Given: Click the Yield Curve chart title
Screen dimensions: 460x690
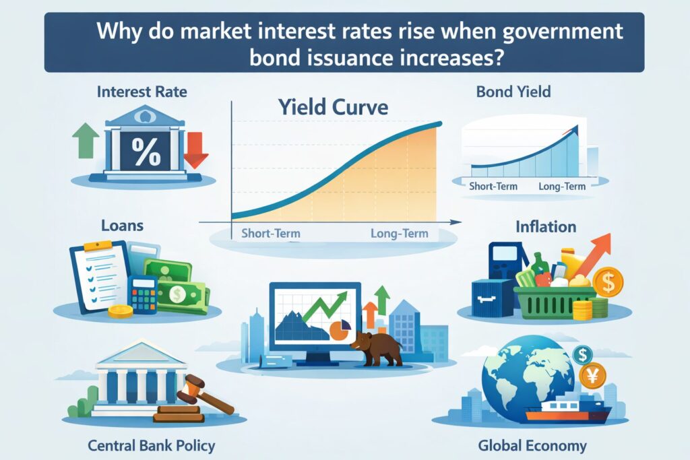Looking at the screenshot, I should click(x=334, y=108).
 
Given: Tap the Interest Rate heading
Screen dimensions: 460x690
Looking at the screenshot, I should click(x=142, y=90).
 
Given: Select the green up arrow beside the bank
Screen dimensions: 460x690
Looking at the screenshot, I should click(x=86, y=139).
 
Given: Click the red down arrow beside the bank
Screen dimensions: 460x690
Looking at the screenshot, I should click(x=196, y=149).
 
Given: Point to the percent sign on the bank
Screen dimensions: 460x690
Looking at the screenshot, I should click(x=146, y=152).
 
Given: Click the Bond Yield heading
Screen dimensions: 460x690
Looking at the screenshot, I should click(x=514, y=90).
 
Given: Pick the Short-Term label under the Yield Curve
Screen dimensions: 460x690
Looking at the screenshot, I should click(x=270, y=234).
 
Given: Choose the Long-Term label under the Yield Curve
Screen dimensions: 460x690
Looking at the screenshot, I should click(x=400, y=234).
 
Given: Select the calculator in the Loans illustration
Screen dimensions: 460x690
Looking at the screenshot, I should click(x=142, y=294).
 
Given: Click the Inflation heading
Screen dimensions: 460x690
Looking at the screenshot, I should click(x=545, y=227).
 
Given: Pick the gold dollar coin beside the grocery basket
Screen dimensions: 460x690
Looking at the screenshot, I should click(x=608, y=283).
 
